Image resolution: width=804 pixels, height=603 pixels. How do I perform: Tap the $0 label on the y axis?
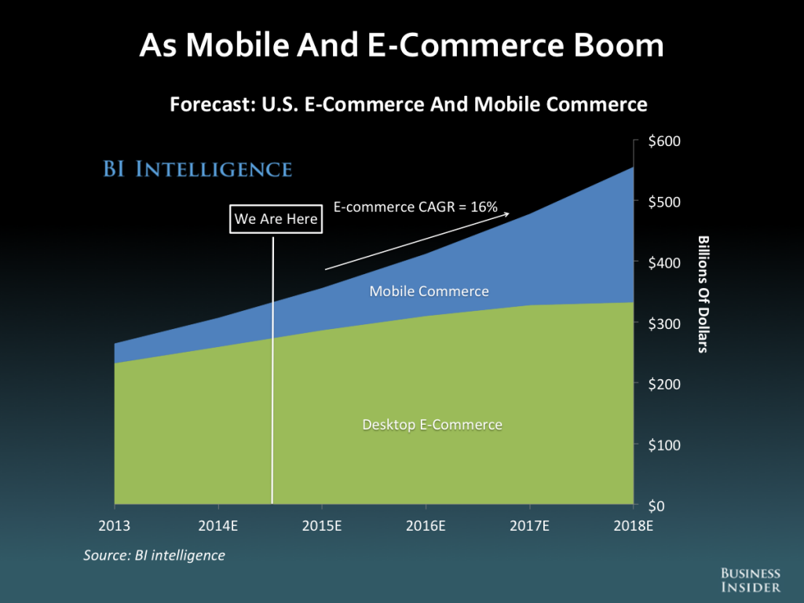point(656,506)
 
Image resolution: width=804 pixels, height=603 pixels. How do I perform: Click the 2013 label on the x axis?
point(115,525)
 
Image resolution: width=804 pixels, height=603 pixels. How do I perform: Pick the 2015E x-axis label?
point(322,525)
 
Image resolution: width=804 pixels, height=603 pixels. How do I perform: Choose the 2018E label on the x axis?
point(633,525)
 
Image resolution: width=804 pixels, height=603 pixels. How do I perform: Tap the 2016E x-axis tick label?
point(426,525)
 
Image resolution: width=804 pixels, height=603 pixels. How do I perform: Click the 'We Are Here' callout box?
point(276,219)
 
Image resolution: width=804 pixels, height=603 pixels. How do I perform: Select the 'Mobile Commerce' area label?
point(429,291)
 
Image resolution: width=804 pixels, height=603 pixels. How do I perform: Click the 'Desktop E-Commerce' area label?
point(432,425)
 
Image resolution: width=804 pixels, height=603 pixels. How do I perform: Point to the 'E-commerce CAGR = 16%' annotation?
point(415,207)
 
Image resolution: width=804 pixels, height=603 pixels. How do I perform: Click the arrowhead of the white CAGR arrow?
point(507,213)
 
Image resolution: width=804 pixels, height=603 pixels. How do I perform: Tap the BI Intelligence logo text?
point(198,169)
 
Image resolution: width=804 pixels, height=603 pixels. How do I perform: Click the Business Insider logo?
point(751,580)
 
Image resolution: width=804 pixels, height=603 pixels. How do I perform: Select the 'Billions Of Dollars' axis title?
point(703,294)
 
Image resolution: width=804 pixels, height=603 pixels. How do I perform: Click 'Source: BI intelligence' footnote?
point(155,556)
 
